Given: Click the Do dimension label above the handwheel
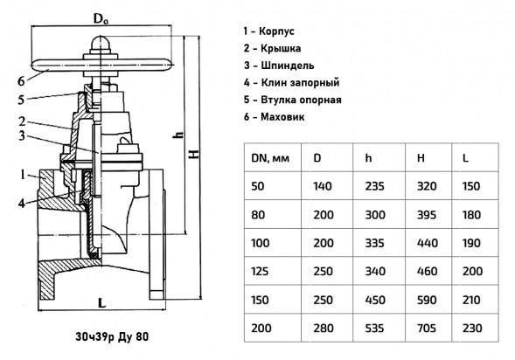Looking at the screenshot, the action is [101, 18].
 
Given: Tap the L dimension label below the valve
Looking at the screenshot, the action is [102, 303].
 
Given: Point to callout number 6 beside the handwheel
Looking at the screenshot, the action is [21, 81].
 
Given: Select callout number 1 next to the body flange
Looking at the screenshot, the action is [23, 174].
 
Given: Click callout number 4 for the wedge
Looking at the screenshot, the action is [22, 204].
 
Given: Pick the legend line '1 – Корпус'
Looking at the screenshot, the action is [268, 31].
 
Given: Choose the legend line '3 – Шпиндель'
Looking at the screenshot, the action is [279, 66].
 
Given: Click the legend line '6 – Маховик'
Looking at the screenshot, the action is [274, 117].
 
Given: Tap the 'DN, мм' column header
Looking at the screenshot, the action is [270, 158].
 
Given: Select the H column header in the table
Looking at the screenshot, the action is [421, 158].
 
